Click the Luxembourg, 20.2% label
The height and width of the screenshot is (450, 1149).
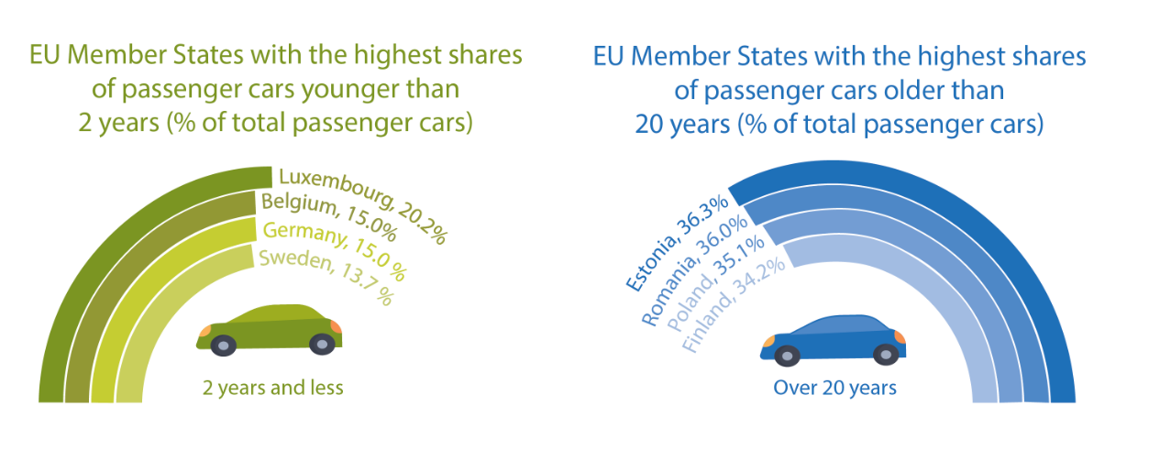[362, 204]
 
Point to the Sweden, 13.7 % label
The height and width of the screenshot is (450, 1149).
[326, 275]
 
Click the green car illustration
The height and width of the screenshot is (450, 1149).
[269, 328]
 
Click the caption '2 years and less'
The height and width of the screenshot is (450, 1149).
[273, 388]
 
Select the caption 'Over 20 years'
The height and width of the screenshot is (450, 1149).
[834, 388]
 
